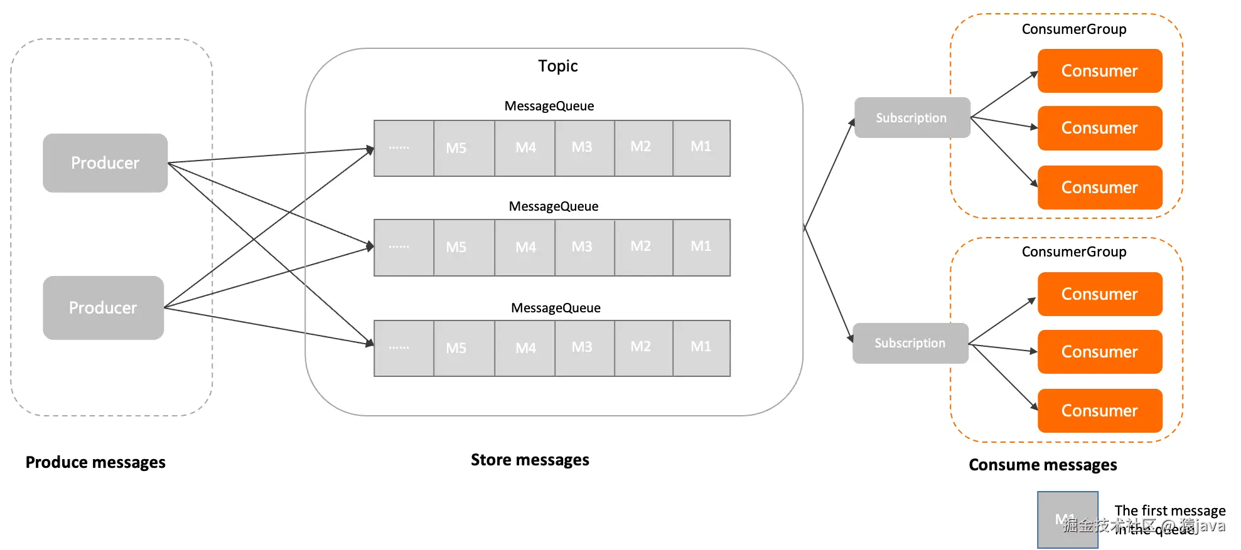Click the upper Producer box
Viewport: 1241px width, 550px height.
pos(105,163)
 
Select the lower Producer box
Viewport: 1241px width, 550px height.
pos(103,308)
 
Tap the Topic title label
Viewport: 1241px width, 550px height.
pos(557,66)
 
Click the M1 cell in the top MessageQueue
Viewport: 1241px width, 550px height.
pos(701,148)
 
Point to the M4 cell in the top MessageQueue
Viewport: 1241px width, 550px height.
pos(525,148)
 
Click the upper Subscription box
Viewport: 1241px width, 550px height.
pos(911,118)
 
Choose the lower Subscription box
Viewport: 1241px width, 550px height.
pos(910,343)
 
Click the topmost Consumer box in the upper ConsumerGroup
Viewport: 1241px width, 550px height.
pos(1099,71)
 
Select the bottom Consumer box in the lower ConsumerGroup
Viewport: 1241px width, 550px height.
pos(1099,411)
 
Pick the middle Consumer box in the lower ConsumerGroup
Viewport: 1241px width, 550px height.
pos(1099,352)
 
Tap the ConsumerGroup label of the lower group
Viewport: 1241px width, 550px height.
pos(1073,251)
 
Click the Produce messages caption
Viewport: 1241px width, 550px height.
pos(95,462)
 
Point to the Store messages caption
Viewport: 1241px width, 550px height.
pos(530,460)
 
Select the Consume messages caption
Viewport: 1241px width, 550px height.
pos(1042,465)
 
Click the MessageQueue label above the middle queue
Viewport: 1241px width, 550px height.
pos(553,206)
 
